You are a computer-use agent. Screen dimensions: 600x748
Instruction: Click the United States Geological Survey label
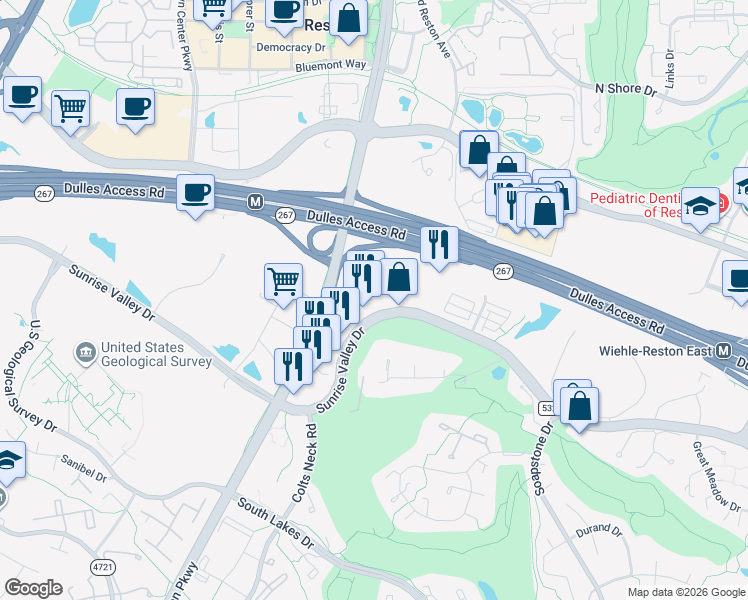[x=155, y=354]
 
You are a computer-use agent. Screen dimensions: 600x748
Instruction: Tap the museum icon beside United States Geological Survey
[x=86, y=353]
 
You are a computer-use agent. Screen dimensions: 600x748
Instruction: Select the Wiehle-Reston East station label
[x=656, y=351]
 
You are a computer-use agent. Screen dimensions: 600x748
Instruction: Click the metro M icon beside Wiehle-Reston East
[x=725, y=351]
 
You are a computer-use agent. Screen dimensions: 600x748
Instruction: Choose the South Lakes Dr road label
[x=275, y=525]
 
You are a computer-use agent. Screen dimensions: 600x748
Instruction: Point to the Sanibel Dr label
[x=84, y=470]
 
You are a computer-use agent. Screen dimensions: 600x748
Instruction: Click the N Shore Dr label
[x=625, y=89]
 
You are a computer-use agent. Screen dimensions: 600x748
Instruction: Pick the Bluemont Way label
[x=331, y=65]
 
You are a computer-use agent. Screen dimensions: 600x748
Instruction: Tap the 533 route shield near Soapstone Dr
[x=545, y=408]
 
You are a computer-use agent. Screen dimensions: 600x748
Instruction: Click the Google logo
[x=33, y=588]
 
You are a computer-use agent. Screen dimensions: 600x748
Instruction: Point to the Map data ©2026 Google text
[x=685, y=592]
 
